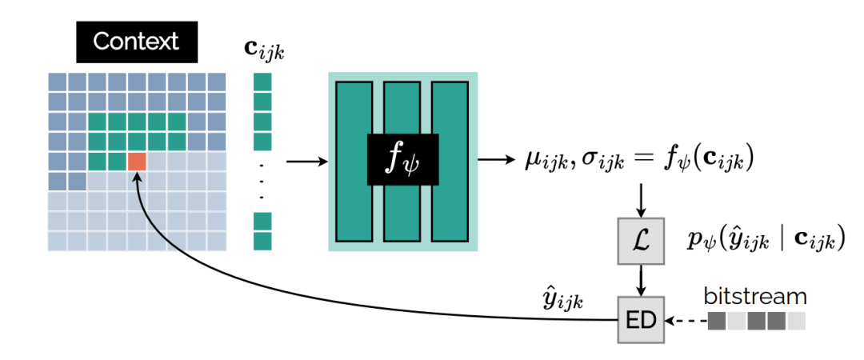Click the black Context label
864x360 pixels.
[136, 42]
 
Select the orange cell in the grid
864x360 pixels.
[138, 161]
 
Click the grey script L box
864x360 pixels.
[642, 241]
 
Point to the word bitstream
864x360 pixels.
[756, 296]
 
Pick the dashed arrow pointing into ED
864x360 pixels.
[685, 322]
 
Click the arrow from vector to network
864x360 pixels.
[307, 162]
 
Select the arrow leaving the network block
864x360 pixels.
[496, 159]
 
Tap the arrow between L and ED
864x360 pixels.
[642, 281]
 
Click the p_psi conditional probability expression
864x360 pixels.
[766, 239]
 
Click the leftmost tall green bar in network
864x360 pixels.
[354, 160]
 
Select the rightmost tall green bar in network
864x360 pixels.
[449, 160]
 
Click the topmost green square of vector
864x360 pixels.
[263, 82]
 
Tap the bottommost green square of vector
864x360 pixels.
[263, 241]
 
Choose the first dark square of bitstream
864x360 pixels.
[717, 321]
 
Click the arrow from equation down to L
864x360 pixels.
[642, 200]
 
